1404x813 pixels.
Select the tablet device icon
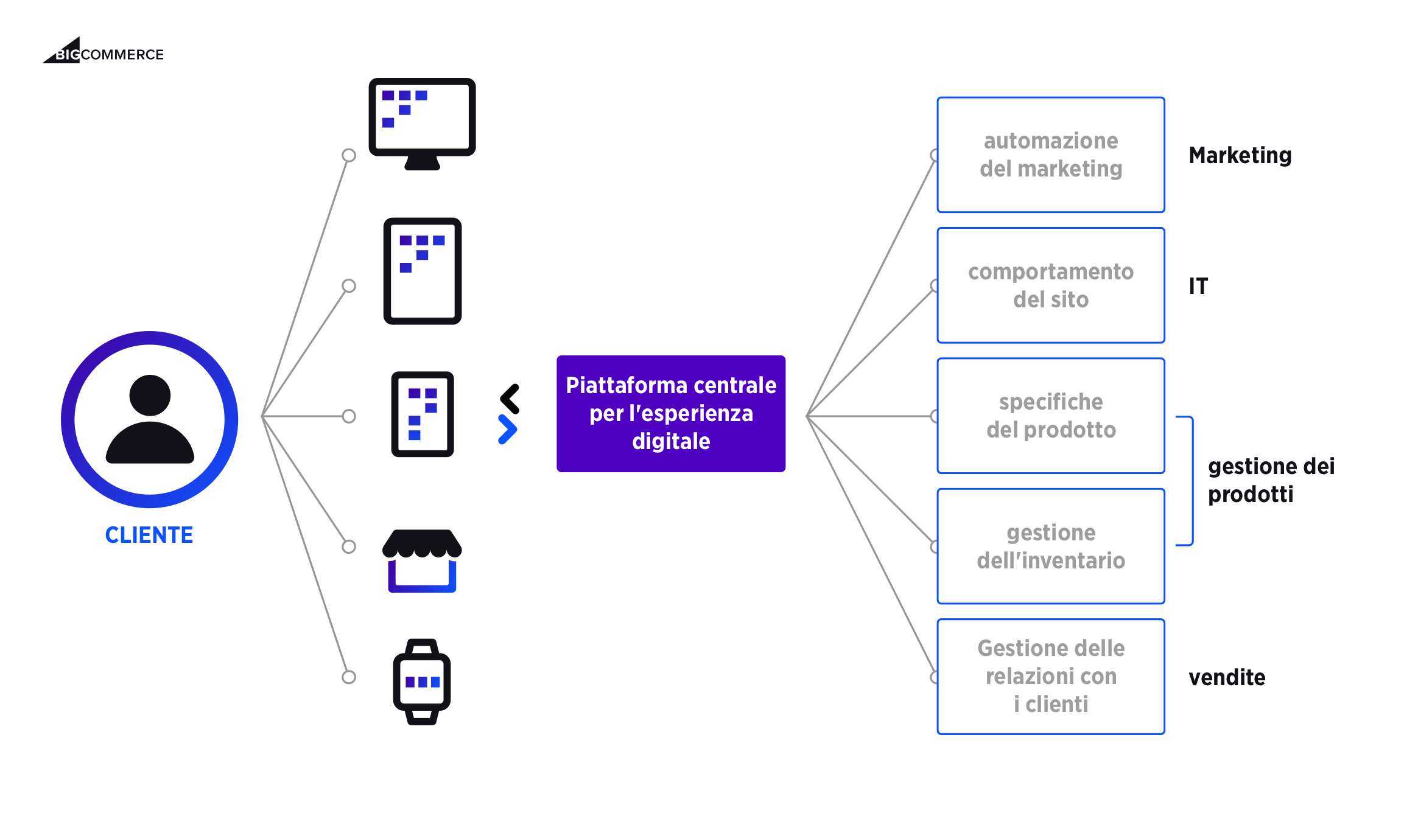[x=423, y=271]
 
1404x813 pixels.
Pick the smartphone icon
[x=423, y=414]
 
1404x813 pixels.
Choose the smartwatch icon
[x=422, y=682]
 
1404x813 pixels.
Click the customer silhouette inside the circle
[x=150, y=420]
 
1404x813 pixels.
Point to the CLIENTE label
[x=149, y=535]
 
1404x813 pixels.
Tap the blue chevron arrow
[x=507, y=430]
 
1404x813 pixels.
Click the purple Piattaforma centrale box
[x=671, y=414]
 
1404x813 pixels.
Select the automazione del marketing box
[x=1051, y=155]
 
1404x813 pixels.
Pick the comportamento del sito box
[x=1051, y=285]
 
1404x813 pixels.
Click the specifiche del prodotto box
[x=1051, y=416]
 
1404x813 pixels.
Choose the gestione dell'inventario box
[x=1051, y=546]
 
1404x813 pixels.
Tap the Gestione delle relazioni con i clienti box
[x=1051, y=677]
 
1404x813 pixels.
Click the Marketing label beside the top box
[x=1240, y=156]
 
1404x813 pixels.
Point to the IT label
[x=1198, y=286]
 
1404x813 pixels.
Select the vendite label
[x=1227, y=677]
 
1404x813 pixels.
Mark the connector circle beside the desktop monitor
[x=349, y=155]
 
